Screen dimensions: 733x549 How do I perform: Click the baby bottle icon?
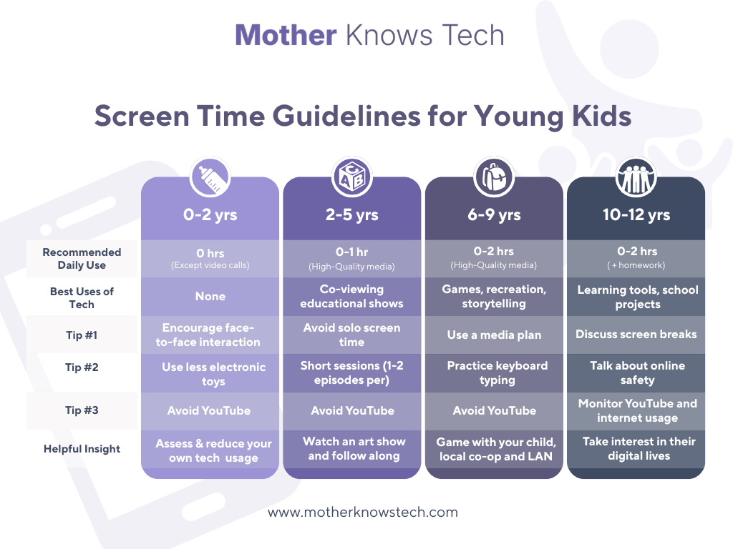click(210, 177)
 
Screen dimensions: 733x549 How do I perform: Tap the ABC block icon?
click(352, 177)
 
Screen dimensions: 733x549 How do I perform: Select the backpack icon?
click(494, 177)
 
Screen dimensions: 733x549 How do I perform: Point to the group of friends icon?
click(636, 177)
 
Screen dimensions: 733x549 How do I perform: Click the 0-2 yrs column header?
click(210, 214)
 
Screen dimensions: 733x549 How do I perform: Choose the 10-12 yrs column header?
click(636, 214)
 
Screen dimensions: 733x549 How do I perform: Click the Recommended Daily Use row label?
click(82, 259)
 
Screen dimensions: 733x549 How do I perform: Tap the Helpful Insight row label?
click(82, 449)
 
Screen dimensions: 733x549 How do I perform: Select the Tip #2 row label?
click(82, 367)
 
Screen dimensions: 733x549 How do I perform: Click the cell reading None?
click(210, 297)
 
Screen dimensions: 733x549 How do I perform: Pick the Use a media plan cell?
click(494, 335)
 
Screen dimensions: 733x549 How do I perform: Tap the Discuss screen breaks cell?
click(636, 335)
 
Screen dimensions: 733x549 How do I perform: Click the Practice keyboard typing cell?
click(497, 372)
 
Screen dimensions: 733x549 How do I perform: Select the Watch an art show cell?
click(354, 448)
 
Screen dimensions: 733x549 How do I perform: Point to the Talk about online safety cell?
click(638, 372)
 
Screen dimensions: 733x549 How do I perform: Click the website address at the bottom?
click(363, 512)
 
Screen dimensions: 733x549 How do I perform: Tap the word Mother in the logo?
click(286, 35)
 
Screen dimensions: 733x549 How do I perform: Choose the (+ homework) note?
click(636, 265)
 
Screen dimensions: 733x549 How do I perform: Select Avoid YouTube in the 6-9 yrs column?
click(494, 411)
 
